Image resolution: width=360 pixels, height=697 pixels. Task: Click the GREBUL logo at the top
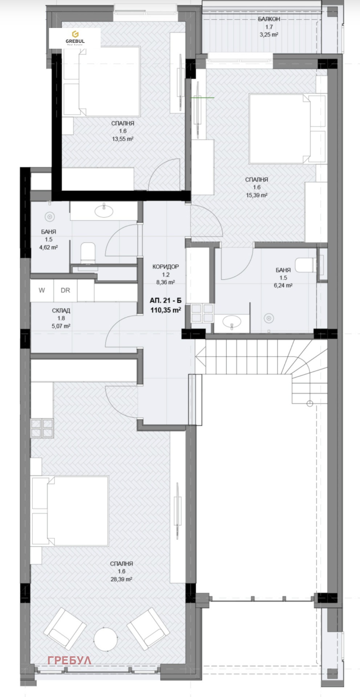point(75,38)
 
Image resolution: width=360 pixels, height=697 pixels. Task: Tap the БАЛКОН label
point(269,19)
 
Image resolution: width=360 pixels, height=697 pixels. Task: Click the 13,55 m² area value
point(122,139)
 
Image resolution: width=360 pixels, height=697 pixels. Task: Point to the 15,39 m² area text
point(256,195)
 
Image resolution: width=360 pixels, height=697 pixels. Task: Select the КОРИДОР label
point(166,267)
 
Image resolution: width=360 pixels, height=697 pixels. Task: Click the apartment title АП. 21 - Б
point(165,301)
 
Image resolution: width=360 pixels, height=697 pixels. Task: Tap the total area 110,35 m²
point(166,310)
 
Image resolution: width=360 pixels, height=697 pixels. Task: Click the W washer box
point(42,290)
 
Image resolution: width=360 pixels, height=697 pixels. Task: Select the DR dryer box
point(65,290)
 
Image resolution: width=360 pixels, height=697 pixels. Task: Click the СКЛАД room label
point(61,311)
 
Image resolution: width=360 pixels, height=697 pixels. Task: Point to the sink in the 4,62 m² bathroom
point(104,211)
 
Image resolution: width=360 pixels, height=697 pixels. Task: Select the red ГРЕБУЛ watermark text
point(69,660)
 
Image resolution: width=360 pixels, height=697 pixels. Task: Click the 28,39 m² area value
point(121,579)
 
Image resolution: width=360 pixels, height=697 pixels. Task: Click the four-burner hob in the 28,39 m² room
point(43,428)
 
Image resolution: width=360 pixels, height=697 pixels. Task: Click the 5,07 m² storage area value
point(61,326)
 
